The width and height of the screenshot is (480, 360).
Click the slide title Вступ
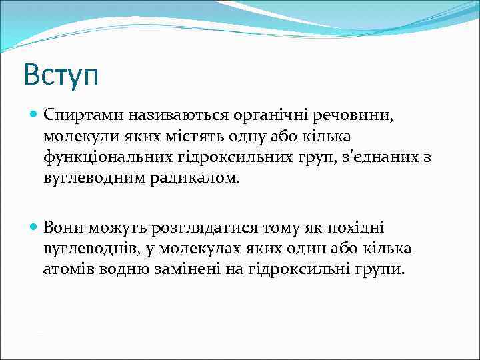click(x=61, y=74)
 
